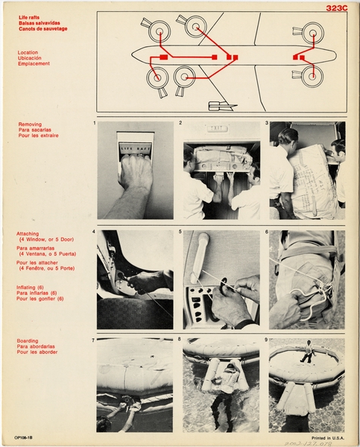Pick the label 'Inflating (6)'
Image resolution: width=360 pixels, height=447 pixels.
coord(34,287)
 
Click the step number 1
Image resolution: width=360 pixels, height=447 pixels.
coord(94,122)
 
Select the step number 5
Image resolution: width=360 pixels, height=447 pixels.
coord(180,232)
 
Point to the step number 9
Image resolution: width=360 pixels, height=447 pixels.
coord(267,340)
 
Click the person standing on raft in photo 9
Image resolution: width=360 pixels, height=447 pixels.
coord(306,352)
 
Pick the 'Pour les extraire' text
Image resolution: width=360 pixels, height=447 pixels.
coord(38,136)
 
